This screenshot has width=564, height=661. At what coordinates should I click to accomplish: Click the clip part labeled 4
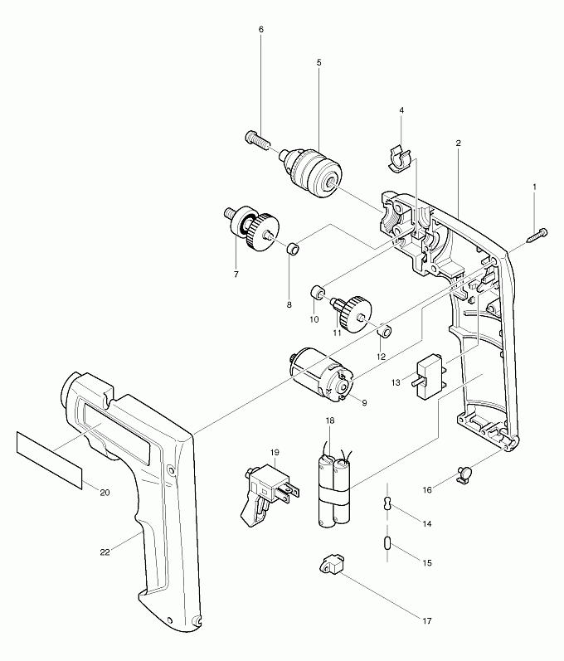[x=400, y=158]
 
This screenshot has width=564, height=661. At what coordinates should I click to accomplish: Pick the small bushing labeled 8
[x=293, y=249]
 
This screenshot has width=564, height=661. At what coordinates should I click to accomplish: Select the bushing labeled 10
[x=317, y=293]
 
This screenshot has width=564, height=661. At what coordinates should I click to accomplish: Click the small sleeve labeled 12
[x=384, y=332]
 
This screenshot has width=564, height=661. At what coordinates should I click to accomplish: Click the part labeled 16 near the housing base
[x=465, y=474]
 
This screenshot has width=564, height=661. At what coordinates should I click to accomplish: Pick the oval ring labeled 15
[x=387, y=543]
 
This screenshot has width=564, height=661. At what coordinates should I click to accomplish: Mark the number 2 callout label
[x=458, y=143]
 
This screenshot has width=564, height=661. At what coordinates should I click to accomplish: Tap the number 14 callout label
[x=427, y=524]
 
